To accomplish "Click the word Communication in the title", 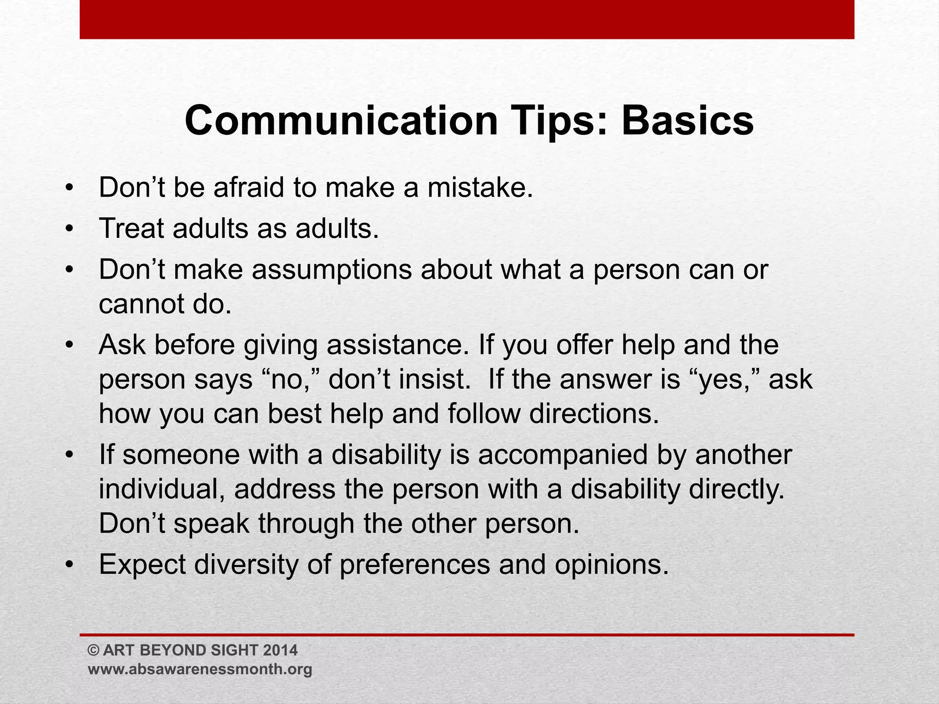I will tap(341, 121).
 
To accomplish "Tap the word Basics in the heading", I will tap(687, 121).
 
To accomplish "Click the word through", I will tap(306, 523).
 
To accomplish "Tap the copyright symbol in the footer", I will tap(94, 650).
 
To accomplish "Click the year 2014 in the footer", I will tap(281, 650).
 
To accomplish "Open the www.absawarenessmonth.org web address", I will tap(200, 669).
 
